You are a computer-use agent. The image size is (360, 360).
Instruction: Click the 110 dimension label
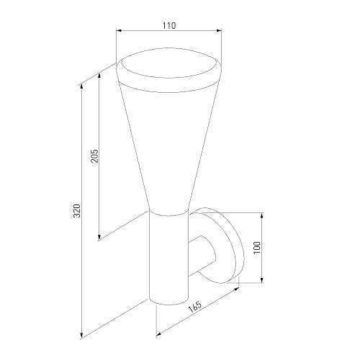pyautogui.click(x=169, y=25)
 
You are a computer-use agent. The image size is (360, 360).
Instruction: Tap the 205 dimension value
pyautogui.click(x=94, y=156)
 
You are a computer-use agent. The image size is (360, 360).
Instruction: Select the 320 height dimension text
pyautogui.click(x=76, y=211)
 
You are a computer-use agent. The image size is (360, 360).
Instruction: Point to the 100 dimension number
pyautogui.click(x=257, y=248)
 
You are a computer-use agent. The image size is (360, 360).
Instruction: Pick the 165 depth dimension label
pyautogui.click(x=195, y=307)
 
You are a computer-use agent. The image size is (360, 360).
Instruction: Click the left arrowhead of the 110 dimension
pyautogui.click(x=119, y=30)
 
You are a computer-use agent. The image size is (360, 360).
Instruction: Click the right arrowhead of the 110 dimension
pyautogui.click(x=219, y=30)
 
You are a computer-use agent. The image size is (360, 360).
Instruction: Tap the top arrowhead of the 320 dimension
pyautogui.click(x=82, y=86)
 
